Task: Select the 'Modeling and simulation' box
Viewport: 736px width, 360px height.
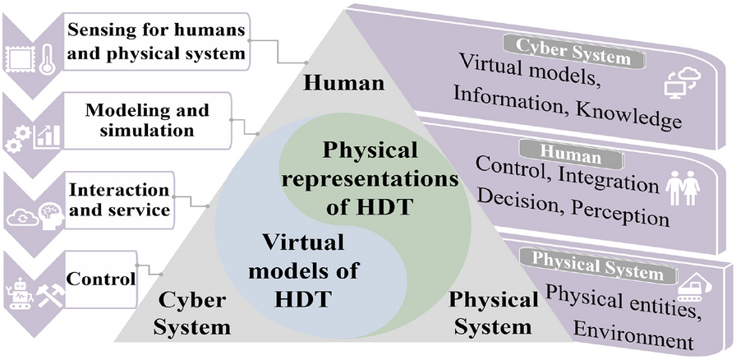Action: pyautogui.click(x=148, y=120)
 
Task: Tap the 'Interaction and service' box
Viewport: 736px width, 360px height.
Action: pyautogui.click(x=119, y=200)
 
